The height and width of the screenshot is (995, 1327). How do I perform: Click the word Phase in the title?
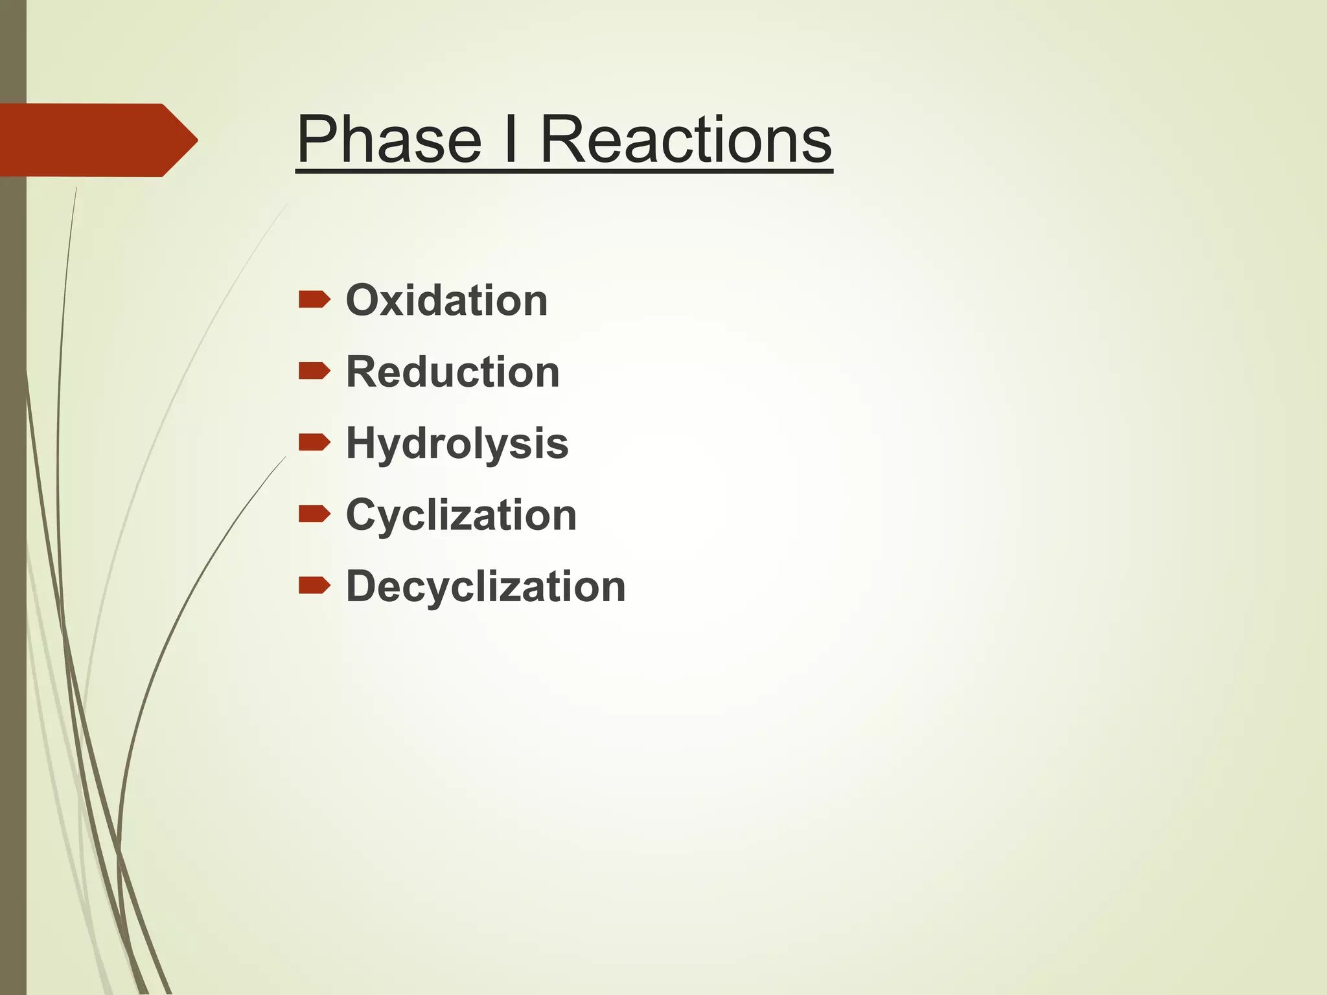coord(389,139)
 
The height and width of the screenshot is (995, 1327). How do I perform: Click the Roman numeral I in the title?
coord(511,139)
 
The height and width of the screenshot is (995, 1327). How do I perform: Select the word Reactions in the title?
coord(686,139)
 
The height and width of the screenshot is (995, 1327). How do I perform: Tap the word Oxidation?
coord(446,301)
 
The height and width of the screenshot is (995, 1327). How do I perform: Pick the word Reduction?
coord(452,372)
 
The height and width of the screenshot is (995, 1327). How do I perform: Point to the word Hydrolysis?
coord(457,444)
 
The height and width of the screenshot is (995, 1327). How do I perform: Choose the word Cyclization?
coord(461,516)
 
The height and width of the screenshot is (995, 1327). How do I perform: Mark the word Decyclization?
coord(485,587)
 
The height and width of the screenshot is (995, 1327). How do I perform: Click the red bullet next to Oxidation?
coord(314,300)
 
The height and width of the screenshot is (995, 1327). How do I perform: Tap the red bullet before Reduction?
coord(314,371)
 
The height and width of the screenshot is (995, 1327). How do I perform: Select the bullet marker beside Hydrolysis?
coord(314,442)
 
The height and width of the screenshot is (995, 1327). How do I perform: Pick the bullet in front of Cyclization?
coord(314,514)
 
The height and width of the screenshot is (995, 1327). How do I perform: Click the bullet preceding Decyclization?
coord(314,586)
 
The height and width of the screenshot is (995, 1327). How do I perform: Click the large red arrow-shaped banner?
coord(91,140)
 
